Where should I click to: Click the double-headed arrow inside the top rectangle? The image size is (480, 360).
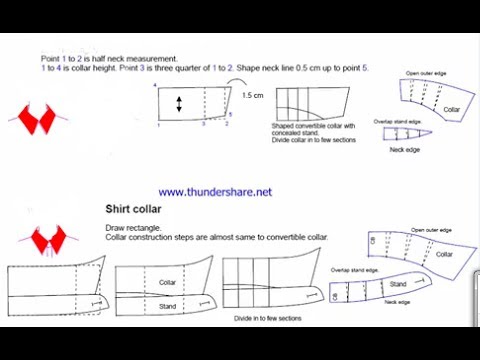[179, 105]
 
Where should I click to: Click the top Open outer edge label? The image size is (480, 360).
[427, 74]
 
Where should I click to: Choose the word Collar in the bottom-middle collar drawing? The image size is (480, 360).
[168, 282]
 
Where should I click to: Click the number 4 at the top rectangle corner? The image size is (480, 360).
[155, 87]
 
